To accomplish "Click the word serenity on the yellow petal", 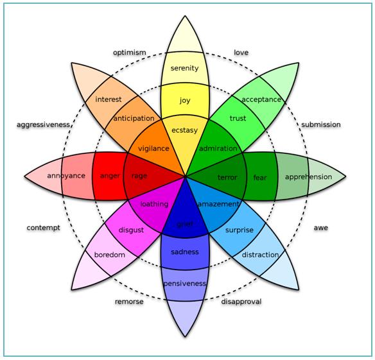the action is pos(185,69).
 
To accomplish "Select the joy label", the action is pos(185,100).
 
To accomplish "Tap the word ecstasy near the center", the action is pos(185,130).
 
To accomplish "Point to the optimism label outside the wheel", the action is pos(129,53).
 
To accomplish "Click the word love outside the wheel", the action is pos(241,53).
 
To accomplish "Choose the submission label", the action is pos(321,124).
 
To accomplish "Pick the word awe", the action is pos(320,228).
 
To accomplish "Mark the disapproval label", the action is pos(241,302).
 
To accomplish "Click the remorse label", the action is pos(129,302).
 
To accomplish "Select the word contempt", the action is pos(43,228).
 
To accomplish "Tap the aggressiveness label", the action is pos(43,124).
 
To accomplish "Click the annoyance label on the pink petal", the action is pos(66,176).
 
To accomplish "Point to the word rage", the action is pos(139,176).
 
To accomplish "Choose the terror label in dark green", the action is pos(227,177).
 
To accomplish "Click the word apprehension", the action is pos(308,177).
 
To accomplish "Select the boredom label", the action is pos(110,255).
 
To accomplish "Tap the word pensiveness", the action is pos(185,284).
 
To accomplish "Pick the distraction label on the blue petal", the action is pos(260,255).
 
